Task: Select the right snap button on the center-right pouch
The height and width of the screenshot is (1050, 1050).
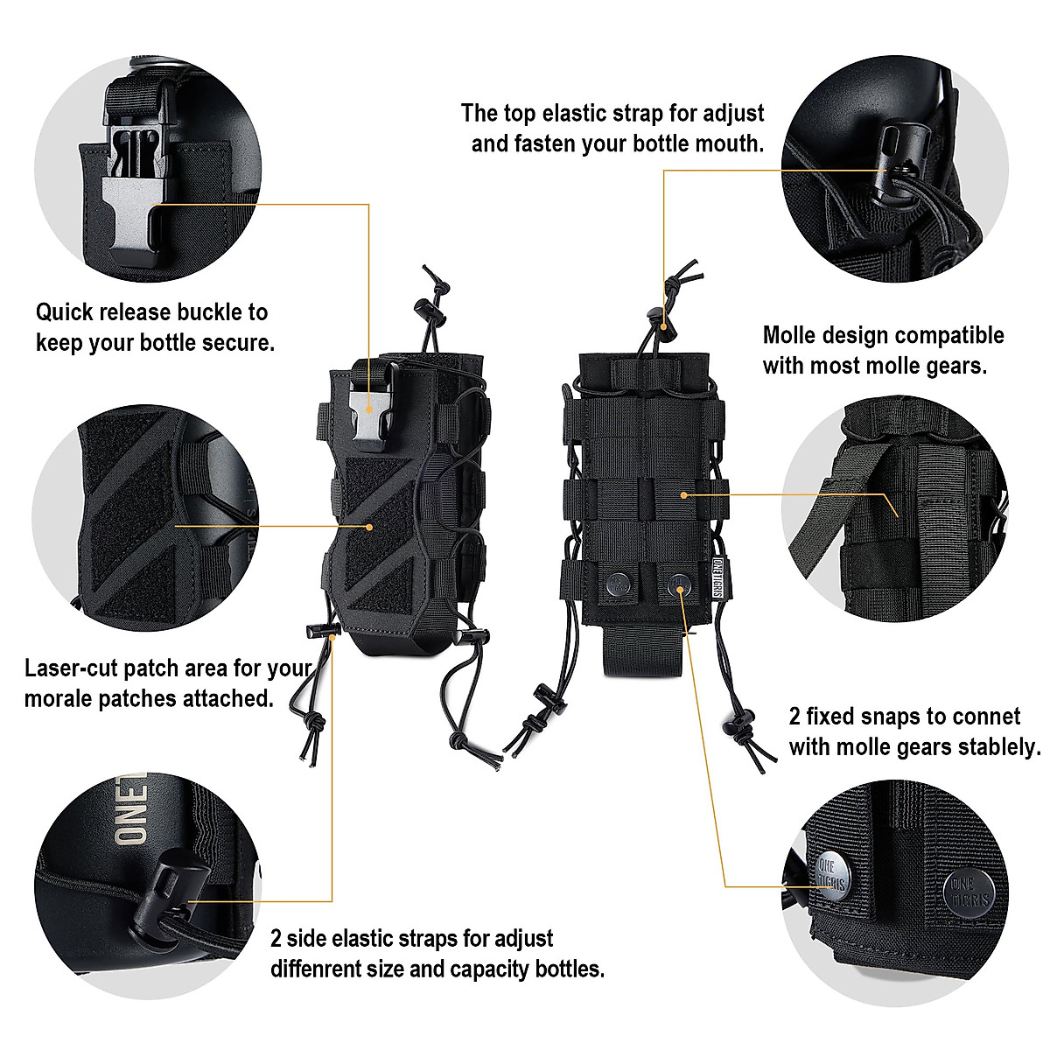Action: click(679, 583)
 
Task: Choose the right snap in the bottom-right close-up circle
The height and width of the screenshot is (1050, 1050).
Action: click(969, 892)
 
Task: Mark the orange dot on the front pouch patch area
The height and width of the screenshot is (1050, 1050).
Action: click(370, 527)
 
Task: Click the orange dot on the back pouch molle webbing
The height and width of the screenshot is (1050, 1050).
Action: click(683, 495)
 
